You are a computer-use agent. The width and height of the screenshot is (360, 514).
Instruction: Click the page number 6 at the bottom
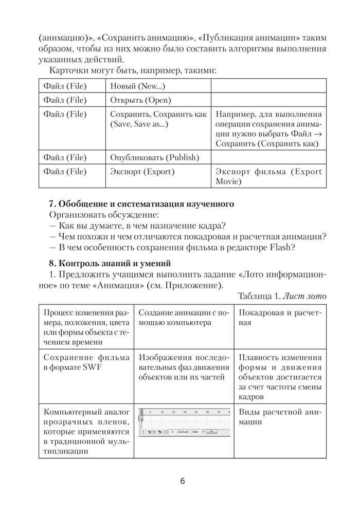coord(183,481)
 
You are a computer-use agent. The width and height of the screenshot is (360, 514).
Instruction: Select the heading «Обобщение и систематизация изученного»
coord(141,204)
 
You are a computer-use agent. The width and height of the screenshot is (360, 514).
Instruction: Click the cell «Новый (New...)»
coord(137,86)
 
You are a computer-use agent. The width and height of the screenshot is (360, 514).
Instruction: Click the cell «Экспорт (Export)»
coord(142,171)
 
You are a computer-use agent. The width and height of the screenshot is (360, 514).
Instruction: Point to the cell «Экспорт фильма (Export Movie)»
coord(268,176)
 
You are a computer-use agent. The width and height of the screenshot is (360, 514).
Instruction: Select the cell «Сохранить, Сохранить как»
coord(158,119)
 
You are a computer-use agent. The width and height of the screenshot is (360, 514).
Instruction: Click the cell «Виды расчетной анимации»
coord(279,417)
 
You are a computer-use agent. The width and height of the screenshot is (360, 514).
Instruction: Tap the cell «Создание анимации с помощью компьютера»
coord(183,318)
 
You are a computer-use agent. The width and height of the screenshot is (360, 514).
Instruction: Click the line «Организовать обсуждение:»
coord(104,215)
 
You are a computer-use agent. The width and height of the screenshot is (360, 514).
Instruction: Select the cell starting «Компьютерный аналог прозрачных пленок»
coord(85,432)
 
